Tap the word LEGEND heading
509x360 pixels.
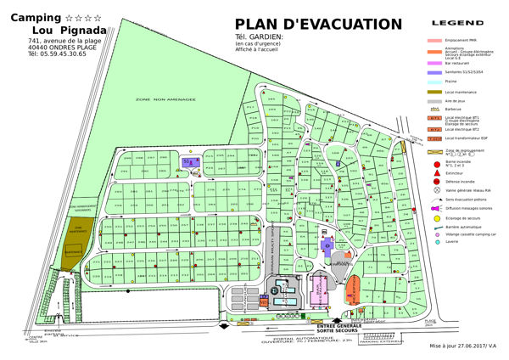[457, 22]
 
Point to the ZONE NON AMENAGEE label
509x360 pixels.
[165, 100]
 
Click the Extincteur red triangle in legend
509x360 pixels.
[435, 172]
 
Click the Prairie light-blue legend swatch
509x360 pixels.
[435, 82]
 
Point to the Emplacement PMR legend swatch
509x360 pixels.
[435, 40]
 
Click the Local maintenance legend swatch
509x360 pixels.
[435, 91]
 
